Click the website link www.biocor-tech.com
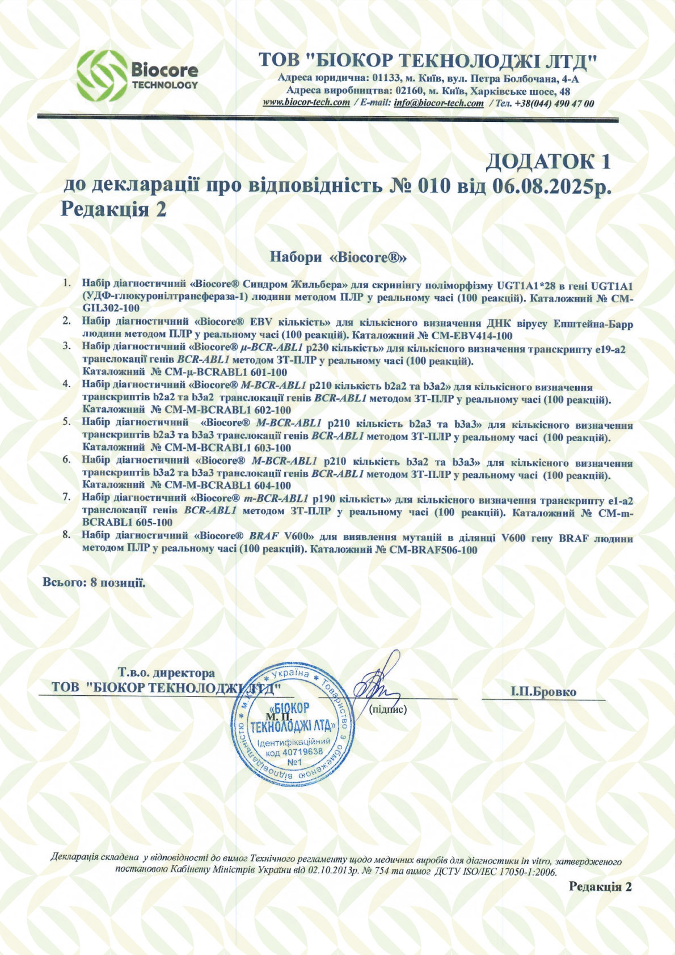(x=306, y=103)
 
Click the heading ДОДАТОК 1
(x=548, y=162)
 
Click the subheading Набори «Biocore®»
(x=338, y=257)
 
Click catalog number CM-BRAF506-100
(x=433, y=550)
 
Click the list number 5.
(x=66, y=422)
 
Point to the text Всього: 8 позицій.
(x=94, y=582)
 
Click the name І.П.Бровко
(x=543, y=692)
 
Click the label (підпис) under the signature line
(x=388, y=709)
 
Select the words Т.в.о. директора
(x=166, y=673)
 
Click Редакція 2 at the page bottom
(x=600, y=887)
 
